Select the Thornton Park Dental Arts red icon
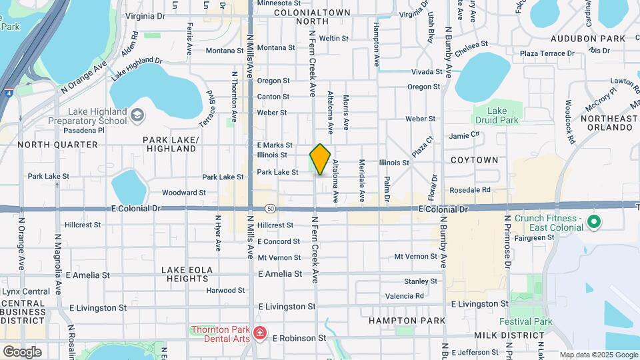(259, 333)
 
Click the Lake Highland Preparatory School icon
(137, 116)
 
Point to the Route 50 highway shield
(270, 208)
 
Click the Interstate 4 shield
(7, 93)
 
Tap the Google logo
(21, 351)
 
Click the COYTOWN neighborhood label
(474, 160)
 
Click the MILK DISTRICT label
(509, 335)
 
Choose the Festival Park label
(533, 321)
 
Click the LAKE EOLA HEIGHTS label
(187, 274)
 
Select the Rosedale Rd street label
(470, 190)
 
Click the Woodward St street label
(184, 193)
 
